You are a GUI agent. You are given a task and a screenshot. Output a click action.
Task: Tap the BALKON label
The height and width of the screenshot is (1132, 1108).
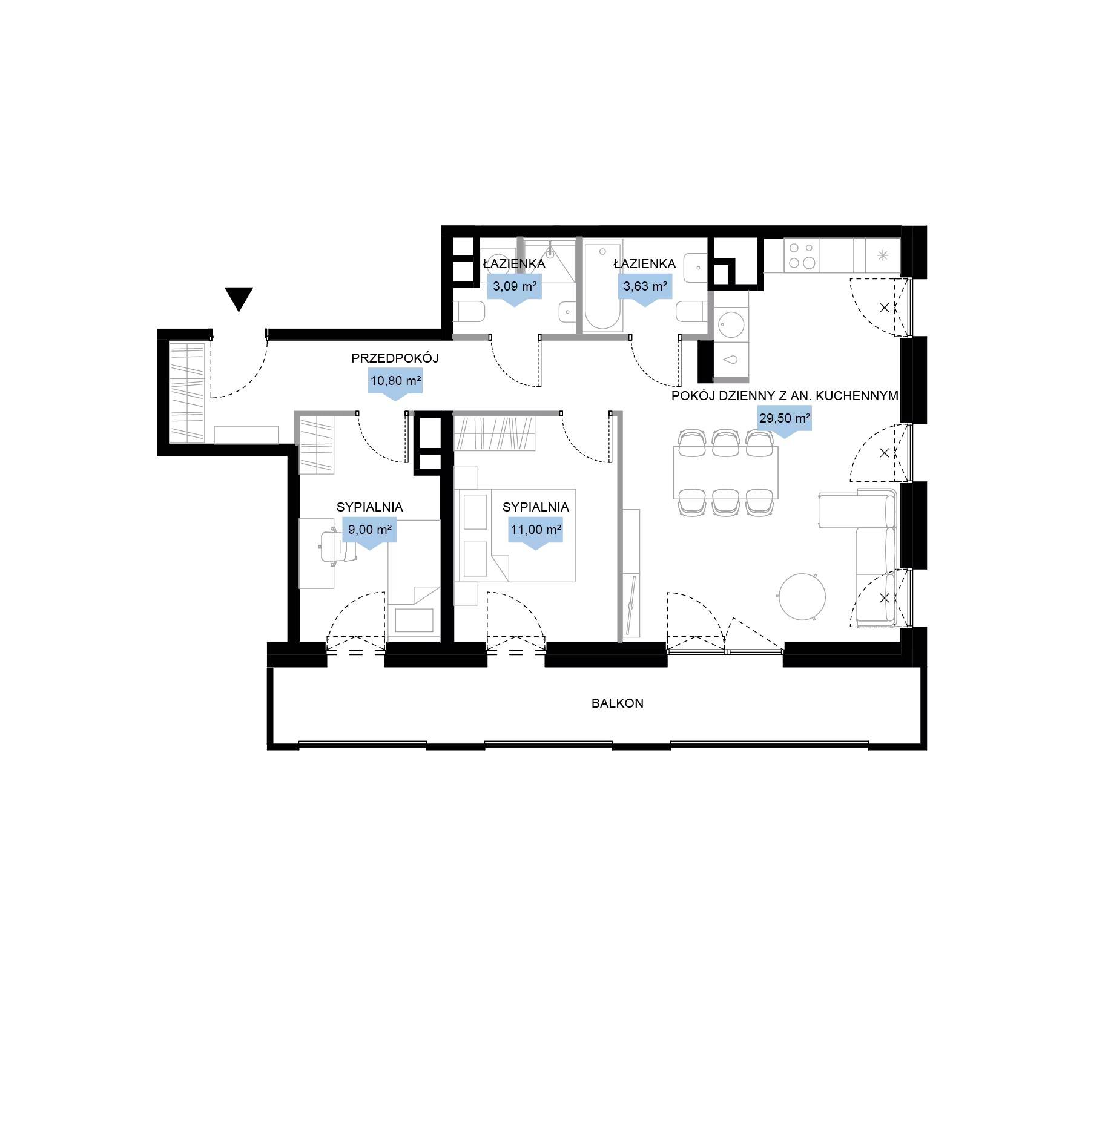[x=617, y=703]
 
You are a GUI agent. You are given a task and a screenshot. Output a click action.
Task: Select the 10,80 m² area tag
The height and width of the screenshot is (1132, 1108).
[x=395, y=384]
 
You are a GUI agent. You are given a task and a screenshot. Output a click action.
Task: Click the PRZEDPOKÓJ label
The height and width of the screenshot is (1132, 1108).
[x=395, y=358]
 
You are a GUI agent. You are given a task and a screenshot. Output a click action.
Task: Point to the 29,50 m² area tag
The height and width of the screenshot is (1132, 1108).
[x=785, y=421]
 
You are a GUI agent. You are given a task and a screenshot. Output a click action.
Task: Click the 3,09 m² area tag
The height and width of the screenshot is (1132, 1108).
[x=515, y=289]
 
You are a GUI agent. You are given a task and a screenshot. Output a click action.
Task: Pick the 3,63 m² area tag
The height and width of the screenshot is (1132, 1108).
[x=645, y=289]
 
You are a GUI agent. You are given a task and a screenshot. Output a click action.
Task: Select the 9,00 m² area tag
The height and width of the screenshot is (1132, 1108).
[x=369, y=533]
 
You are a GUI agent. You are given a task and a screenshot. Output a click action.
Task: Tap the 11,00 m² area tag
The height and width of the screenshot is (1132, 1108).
[x=536, y=533]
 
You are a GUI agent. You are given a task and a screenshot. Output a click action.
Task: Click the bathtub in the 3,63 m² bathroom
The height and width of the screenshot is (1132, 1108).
[x=602, y=286]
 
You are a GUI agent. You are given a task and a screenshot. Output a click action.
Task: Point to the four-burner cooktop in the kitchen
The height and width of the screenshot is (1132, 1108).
[x=801, y=256]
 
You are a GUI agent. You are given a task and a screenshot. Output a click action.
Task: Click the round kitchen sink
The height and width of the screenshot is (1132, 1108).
[x=731, y=324]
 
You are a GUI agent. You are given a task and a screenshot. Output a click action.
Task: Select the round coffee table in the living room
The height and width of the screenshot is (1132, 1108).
[x=802, y=597]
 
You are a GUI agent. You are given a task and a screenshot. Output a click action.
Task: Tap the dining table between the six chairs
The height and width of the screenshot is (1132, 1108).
[x=725, y=472]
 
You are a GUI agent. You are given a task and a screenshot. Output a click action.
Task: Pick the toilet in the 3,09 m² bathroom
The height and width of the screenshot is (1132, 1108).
[x=469, y=313]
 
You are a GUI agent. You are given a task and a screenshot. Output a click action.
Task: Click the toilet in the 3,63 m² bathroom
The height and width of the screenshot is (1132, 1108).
[x=691, y=312]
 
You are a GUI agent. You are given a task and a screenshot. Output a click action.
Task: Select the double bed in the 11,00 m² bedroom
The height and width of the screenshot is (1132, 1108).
[x=515, y=535]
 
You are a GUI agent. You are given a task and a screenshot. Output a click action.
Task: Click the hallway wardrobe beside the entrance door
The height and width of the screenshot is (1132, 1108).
[x=187, y=392]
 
